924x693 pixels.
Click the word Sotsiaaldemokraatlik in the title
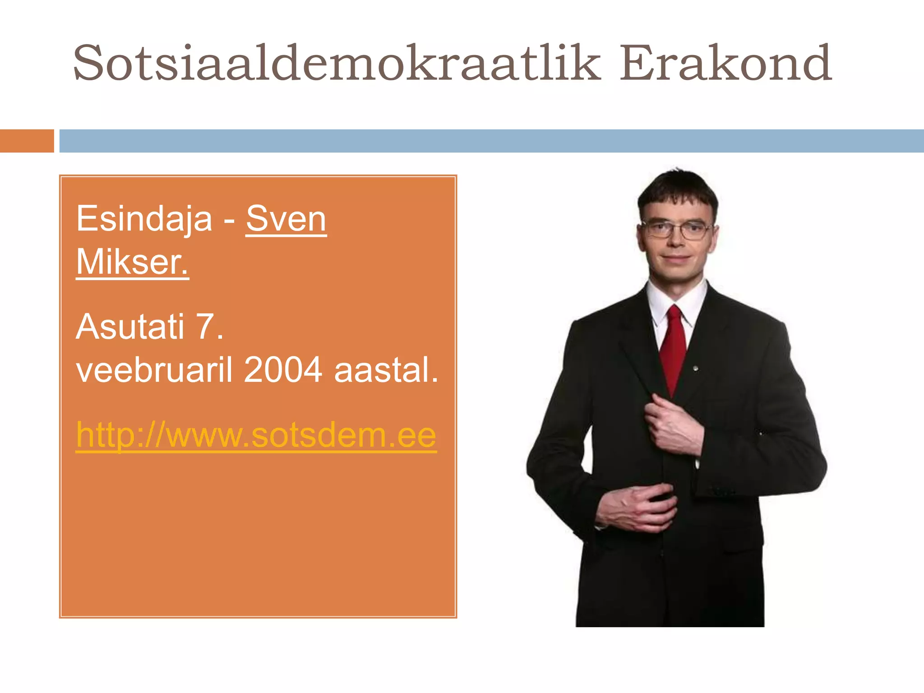click(x=336, y=63)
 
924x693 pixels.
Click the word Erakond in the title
click(x=725, y=63)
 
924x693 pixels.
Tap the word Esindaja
click(x=144, y=219)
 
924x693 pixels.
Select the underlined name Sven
click(x=286, y=219)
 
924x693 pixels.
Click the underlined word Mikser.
click(x=132, y=262)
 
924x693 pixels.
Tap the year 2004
click(x=283, y=370)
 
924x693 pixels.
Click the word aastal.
click(x=386, y=370)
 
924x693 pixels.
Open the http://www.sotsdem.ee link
click(x=256, y=435)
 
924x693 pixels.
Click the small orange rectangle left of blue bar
click(x=27, y=141)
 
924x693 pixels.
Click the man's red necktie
click(x=673, y=347)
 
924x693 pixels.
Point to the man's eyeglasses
click(x=677, y=229)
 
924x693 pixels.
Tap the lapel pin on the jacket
click(x=696, y=369)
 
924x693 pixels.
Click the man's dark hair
click(x=677, y=189)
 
